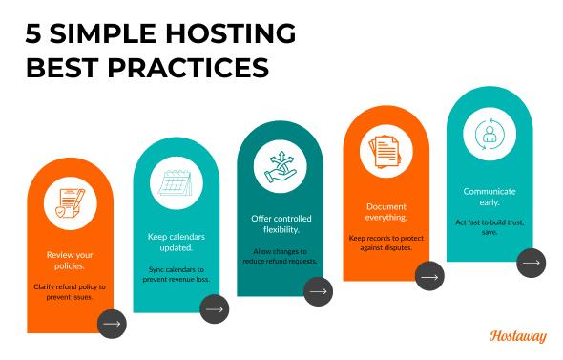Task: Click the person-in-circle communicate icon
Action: [490, 134]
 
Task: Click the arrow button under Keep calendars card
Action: [214, 308]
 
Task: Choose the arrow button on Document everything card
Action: [429, 277]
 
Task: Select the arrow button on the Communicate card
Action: [532, 261]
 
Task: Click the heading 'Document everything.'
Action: [386, 211]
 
